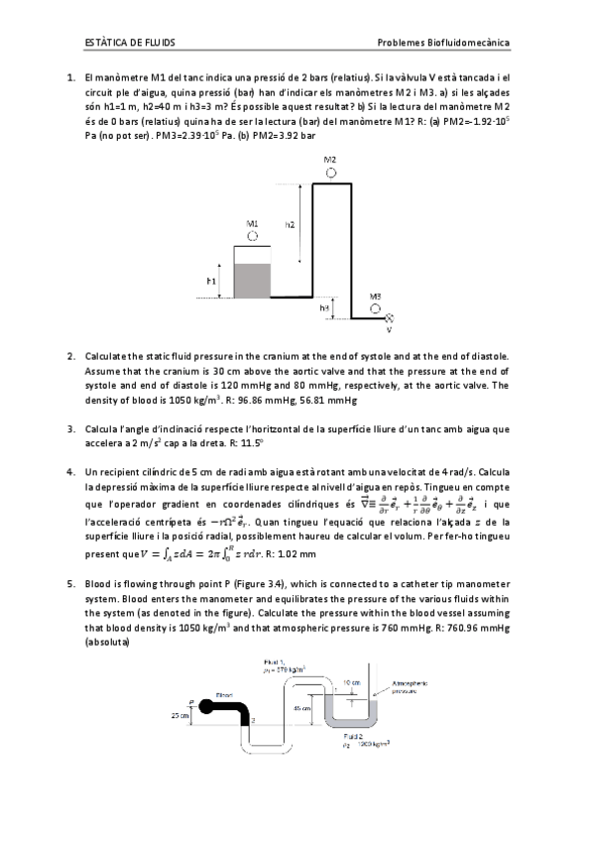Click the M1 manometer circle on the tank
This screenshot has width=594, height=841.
pyautogui.click(x=253, y=238)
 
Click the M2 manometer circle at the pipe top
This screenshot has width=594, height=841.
pyautogui.click(x=329, y=173)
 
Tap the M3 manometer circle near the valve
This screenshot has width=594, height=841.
pyautogui.click(x=375, y=308)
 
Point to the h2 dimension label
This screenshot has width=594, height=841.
pyautogui.click(x=290, y=226)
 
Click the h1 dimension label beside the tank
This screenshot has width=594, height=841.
pyautogui.click(x=211, y=282)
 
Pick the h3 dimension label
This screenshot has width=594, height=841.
pyautogui.click(x=324, y=308)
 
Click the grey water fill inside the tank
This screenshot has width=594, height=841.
pyautogui.click(x=254, y=281)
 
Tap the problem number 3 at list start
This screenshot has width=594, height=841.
pyautogui.click(x=71, y=429)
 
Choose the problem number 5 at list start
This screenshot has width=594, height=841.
pyautogui.click(x=71, y=585)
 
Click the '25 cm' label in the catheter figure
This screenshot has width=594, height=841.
pyautogui.click(x=180, y=714)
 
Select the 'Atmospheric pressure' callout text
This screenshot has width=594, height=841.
pyautogui.click(x=410, y=687)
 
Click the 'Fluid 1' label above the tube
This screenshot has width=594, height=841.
pyautogui.click(x=275, y=662)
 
